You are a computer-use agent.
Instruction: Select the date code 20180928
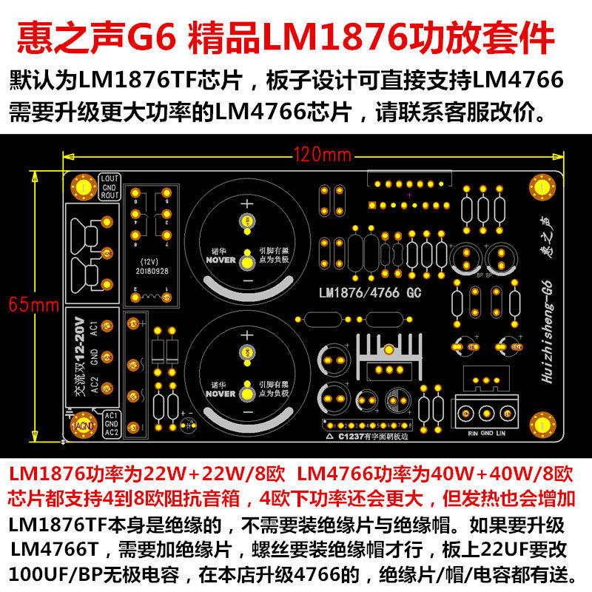tap(151, 271)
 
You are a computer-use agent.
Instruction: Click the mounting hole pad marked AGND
tap(82, 425)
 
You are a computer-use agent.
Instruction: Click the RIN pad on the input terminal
tap(466, 414)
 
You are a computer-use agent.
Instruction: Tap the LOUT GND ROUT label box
tap(110, 188)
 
